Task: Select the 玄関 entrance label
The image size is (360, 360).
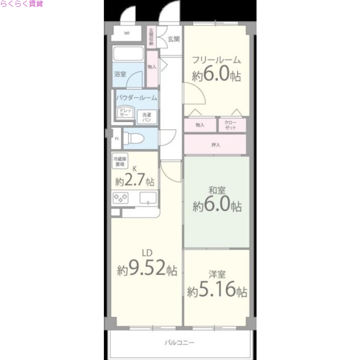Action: (x=174, y=39)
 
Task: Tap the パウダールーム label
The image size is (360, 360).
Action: (x=136, y=98)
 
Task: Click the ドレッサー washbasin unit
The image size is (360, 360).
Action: (x=125, y=113)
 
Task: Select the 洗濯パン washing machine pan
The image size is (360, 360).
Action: (x=147, y=117)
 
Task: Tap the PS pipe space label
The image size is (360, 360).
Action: (x=117, y=139)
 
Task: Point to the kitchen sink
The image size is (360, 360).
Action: (x=148, y=198)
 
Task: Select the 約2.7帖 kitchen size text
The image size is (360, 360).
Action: (x=135, y=181)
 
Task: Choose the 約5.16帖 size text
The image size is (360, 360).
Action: (x=217, y=291)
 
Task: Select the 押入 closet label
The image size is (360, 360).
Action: (x=216, y=145)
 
